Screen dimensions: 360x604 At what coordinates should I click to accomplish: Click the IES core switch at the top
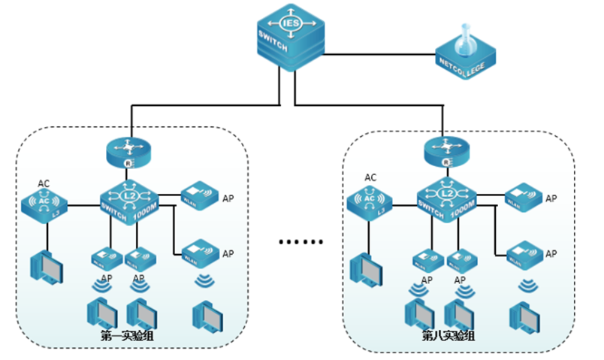pyautogui.click(x=289, y=35)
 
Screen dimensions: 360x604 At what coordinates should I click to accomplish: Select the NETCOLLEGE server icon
pyautogui.click(x=465, y=57)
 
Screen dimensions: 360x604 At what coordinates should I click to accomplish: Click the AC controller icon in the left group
pyautogui.click(x=44, y=205)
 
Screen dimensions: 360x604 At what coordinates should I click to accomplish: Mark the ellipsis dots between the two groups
pyautogui.click(x=300, y=243)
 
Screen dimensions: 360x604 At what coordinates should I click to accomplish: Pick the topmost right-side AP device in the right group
pyautogui.click(x=523, y=198)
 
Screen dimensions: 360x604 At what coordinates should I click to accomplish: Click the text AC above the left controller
pyautogui.click(x=44, y=183)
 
